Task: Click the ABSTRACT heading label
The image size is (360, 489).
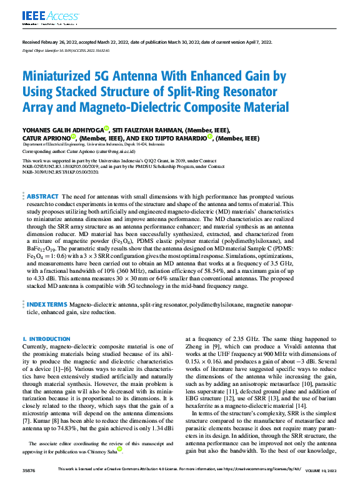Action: click(42, 196)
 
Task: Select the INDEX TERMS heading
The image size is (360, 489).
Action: click(47, 304)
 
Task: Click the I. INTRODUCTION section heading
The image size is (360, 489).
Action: click(46, 338)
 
